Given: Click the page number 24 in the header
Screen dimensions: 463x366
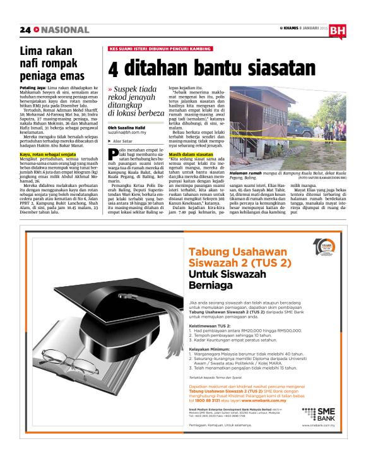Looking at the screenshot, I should tap(25, 30).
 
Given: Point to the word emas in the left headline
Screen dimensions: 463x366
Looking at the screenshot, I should tap(74, 76).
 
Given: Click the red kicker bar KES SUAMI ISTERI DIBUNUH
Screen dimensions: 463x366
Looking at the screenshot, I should tap(150, 49).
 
